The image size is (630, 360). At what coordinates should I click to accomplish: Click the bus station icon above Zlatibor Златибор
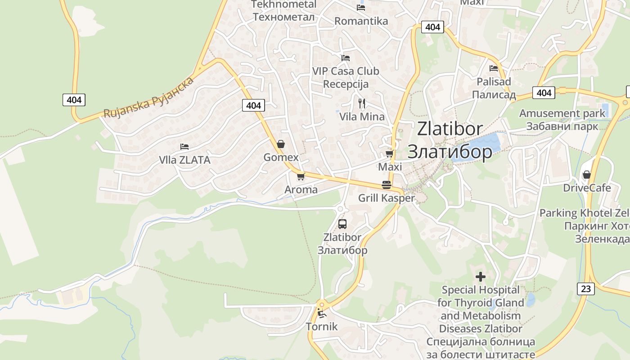pos(342,224)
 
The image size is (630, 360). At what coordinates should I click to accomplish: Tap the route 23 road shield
pos(585,288)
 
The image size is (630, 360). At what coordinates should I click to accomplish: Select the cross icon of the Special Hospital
pos(481,277)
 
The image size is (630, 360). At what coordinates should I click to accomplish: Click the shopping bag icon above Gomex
pos(281,144)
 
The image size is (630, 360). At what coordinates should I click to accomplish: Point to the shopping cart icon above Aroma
pos(301,176)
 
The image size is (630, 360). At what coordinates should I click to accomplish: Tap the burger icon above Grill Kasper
pos(386,184)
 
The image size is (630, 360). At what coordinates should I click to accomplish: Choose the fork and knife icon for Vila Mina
pos(362,103)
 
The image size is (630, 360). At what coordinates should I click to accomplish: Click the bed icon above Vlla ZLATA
pos(184,147)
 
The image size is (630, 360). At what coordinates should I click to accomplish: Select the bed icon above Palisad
pos(494,68)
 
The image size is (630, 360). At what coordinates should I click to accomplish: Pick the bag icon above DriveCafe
pos(586,175)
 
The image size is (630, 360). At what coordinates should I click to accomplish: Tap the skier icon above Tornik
pos(321,313)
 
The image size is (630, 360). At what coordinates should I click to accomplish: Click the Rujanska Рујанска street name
pos(149,98)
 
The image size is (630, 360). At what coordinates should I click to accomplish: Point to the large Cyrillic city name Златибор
pos(450,152)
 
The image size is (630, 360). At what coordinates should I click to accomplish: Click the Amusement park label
pos(562,113)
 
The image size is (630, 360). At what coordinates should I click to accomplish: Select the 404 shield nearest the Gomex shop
pos(253,105)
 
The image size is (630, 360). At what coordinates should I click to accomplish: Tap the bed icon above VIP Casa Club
pos(346,58)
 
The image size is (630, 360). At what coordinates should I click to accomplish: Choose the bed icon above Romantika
pos(361,8)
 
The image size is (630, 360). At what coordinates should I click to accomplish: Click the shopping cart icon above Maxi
pos(389,154)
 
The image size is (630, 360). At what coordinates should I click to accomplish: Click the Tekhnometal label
pos(283,4)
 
